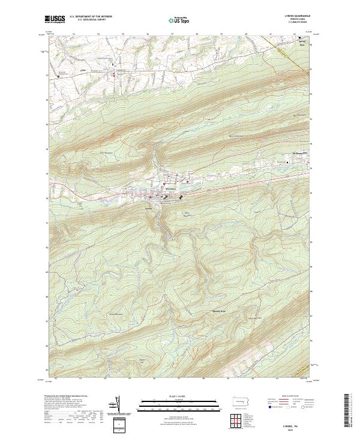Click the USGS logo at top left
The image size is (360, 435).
[55, 19]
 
